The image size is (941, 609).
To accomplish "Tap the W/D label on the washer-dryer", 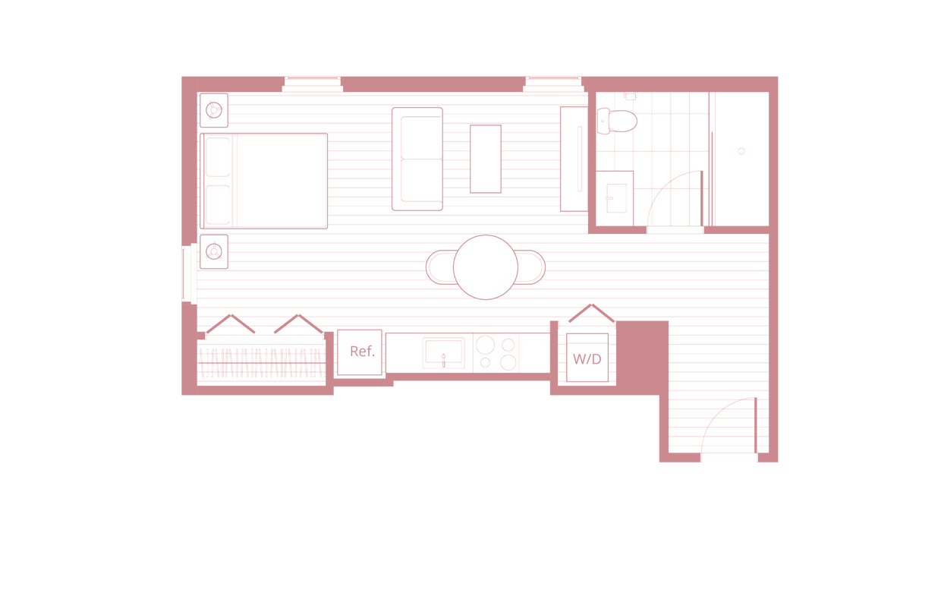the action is point(587,359).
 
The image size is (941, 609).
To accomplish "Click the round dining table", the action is point(485,269).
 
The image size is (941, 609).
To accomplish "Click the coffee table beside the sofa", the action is point(485,159).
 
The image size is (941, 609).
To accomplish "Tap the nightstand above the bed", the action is point(215,111).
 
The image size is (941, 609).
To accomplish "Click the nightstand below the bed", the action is point(215,251).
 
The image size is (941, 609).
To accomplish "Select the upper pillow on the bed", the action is point(219,157).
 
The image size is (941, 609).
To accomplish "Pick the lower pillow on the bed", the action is point(219,203).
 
